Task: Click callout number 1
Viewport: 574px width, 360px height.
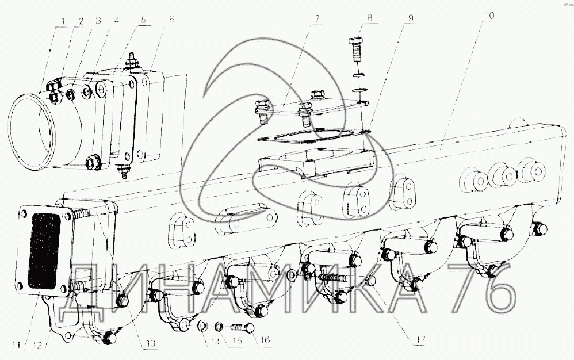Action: (x=63, y=22)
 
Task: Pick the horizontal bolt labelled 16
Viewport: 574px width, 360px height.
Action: (x=244, y=327)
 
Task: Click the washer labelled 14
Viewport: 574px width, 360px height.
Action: (x=202, y=326)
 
